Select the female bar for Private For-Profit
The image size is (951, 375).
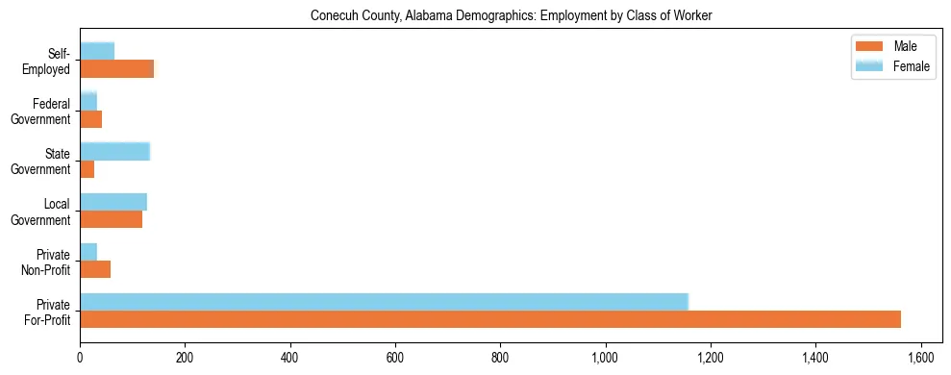385,302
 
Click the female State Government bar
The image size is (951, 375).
114,151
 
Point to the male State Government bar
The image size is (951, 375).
87,169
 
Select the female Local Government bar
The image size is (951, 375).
113,202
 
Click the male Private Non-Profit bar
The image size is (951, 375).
95,269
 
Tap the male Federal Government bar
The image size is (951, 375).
90,119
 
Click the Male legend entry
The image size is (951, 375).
894,47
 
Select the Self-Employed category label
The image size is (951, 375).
52,61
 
